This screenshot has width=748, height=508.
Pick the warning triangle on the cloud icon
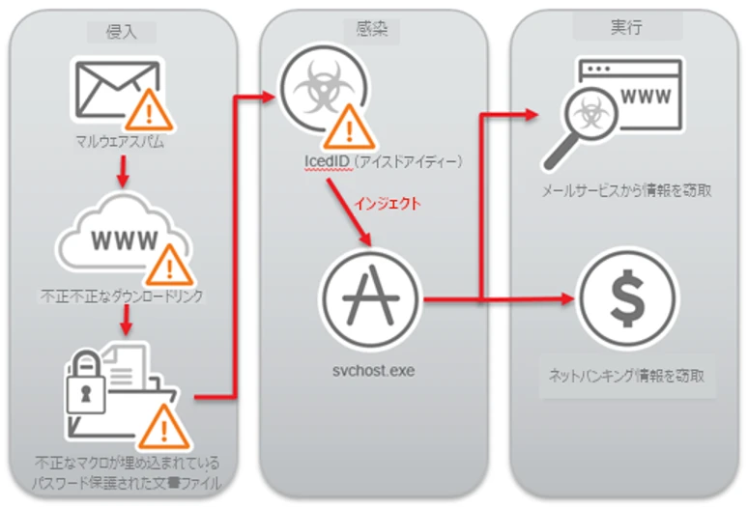[170, 261]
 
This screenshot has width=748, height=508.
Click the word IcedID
[322, 160]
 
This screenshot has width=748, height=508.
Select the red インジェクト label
[385, 206]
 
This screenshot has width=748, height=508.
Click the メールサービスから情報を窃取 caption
[628, 191]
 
